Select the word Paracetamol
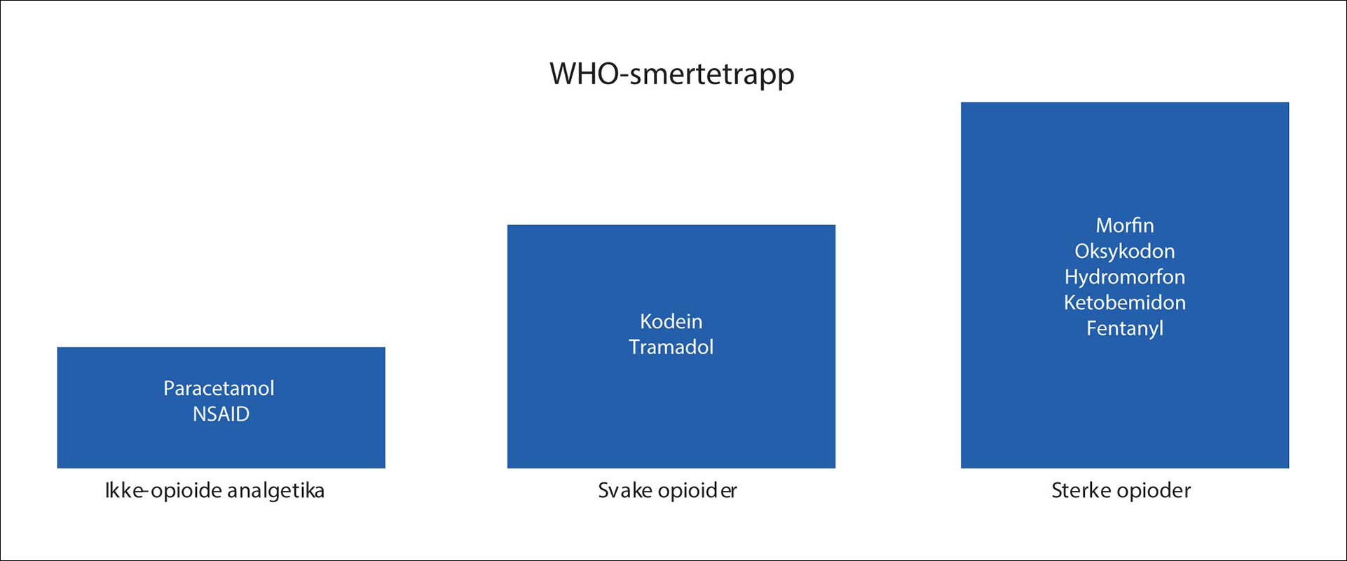[219, 388]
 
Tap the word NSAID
[221, 414]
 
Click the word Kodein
[671, 321]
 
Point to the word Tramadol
[671, 347]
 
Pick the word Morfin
[1125, 225]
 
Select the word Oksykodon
[1125, 251]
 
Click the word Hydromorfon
[1125, 277]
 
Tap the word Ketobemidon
[1125, 302]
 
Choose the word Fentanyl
[1125, 328]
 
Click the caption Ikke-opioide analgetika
[214, 491]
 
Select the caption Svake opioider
[667, 491]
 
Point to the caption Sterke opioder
[1121, 491]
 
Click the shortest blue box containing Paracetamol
[221, 407]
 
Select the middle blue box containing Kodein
[671, 346]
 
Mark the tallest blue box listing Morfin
[1125, 285]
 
